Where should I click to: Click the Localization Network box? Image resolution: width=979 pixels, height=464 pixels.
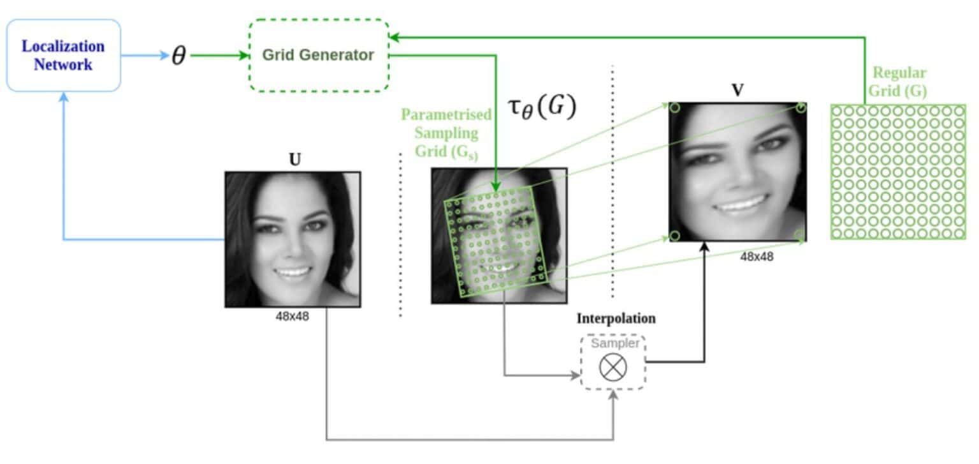[x=63, y=55]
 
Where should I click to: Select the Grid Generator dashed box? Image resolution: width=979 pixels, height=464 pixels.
[x=318, y=55]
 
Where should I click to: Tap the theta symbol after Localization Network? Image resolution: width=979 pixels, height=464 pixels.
[x=179, y=56]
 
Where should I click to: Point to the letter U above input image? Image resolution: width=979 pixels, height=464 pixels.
[x=294, y=160]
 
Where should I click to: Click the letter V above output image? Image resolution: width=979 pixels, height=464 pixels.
[x=737, y=90]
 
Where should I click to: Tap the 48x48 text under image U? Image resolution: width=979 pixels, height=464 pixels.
[x=292, y=315]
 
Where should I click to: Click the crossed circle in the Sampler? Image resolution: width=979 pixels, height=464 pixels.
[x=613, y=367]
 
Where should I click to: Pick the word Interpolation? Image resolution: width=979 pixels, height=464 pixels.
[x=616, y=318]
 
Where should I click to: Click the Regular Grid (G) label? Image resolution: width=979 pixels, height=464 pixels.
[x=899, y=82]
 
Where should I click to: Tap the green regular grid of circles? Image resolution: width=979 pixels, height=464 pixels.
[x=897, y=172]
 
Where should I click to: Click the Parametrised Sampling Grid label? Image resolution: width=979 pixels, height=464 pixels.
[x=446, y=133]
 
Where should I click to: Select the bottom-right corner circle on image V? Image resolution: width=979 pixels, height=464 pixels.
[x=801, y=236]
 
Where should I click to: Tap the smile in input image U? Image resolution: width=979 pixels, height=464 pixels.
[x=293, y=273]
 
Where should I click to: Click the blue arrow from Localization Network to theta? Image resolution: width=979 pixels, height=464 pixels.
[x=143, y=56]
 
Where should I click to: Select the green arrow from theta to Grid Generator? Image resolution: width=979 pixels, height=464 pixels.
[x=219, y=56]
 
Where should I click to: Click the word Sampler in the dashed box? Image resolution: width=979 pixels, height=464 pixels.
[x=614, y=343]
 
